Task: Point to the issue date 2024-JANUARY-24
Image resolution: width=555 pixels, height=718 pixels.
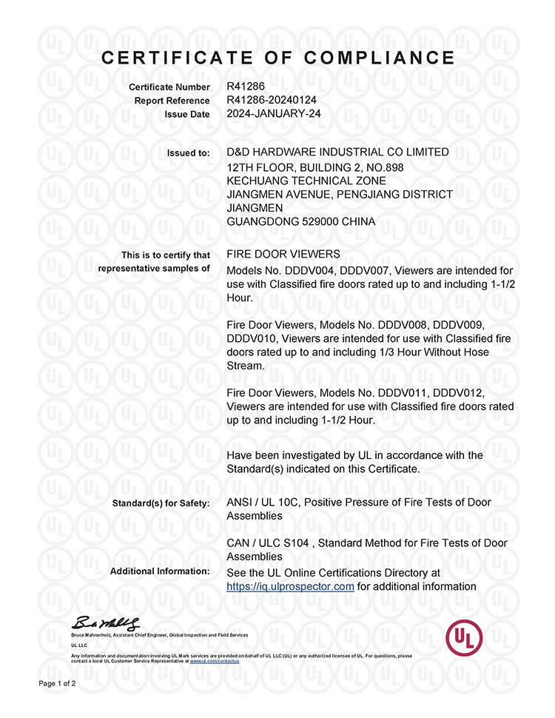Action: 273,114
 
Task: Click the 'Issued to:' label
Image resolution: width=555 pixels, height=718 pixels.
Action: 189,153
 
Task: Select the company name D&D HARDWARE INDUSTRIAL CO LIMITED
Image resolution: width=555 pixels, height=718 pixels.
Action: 337,152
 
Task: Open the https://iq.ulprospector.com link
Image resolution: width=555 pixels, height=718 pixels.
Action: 290,586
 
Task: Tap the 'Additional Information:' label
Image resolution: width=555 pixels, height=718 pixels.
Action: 160,571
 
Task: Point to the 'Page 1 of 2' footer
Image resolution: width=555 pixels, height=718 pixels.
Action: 57,683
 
